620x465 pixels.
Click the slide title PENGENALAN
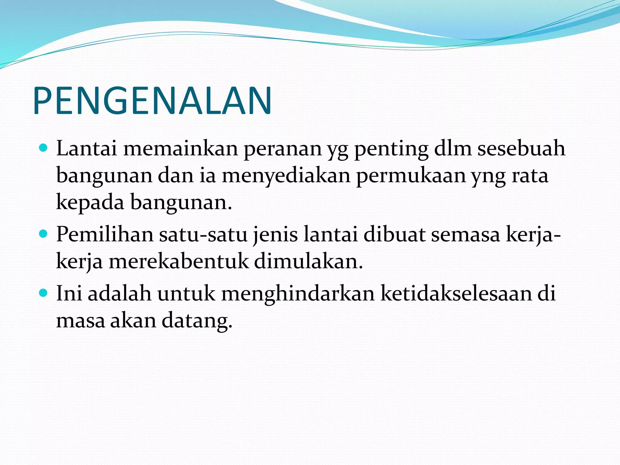click(152, 101)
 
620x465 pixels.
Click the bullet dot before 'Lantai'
click(44, 148)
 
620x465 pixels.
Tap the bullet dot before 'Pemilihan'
click(44, 234)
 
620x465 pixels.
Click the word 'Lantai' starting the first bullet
click(87, 149)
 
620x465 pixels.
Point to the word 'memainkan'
click(180, 149)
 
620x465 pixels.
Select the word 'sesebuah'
click(521, 149)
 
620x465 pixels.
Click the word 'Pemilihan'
click(105, 235)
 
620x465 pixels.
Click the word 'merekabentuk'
click(179, 262)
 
